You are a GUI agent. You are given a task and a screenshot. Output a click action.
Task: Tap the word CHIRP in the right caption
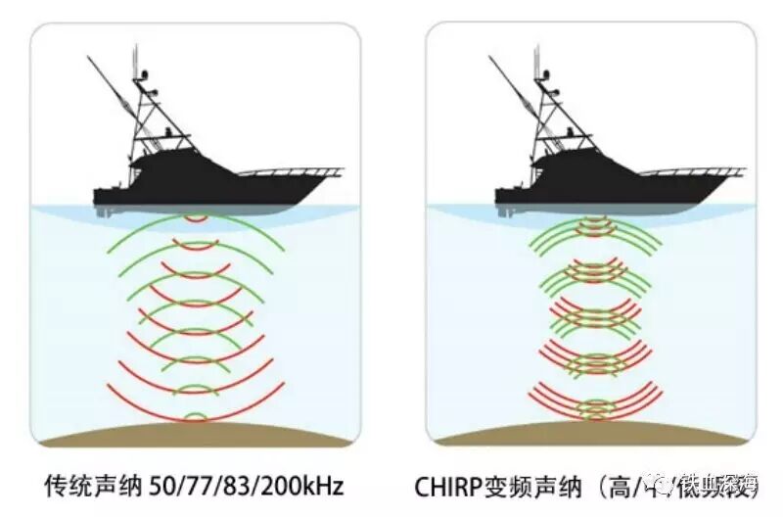455,485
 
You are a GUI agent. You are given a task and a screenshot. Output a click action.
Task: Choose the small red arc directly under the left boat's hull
196,217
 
